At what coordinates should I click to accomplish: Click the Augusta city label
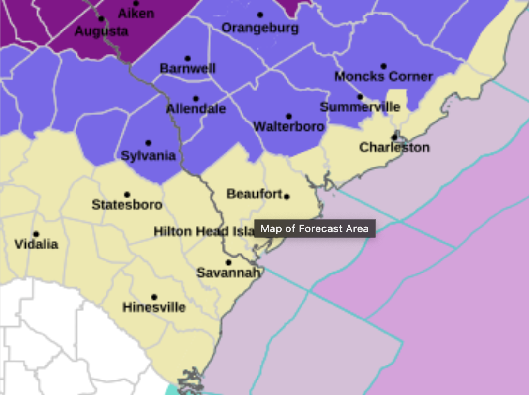click(x=102, y=32)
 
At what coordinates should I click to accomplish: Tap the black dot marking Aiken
click(x=136, y=3)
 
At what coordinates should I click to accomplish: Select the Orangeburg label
click(x=260, y=28)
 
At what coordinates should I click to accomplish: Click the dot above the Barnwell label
click(x=188, y=59)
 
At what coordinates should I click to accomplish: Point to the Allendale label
click(x=196, y=109)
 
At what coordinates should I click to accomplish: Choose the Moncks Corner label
click(x=383, y=76)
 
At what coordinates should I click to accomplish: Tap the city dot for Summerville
click(x=360, y=97)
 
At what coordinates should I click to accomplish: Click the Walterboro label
click(x=289, y=127)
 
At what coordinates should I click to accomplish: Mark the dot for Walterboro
click(x=289, y=116)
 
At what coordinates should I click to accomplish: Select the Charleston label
click(x=394, y=147)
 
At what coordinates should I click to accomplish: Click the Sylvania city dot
click(x=148, y=143)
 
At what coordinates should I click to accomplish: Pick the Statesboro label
click(x=127, y=205)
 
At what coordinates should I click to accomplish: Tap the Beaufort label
click(x=255, y=194)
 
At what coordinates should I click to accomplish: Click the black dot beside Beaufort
click(x=287, y=197)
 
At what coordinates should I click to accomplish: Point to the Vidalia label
click(x=36, y=244)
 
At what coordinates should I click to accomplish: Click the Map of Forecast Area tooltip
click(x=315, y=228)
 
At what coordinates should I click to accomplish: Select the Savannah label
click(x=228, y=273)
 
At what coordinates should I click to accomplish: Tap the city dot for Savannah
click(x=228, y=262)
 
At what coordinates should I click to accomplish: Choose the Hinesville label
click(x=154, y=307)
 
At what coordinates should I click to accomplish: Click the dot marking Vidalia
click(x=36, y=234)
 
